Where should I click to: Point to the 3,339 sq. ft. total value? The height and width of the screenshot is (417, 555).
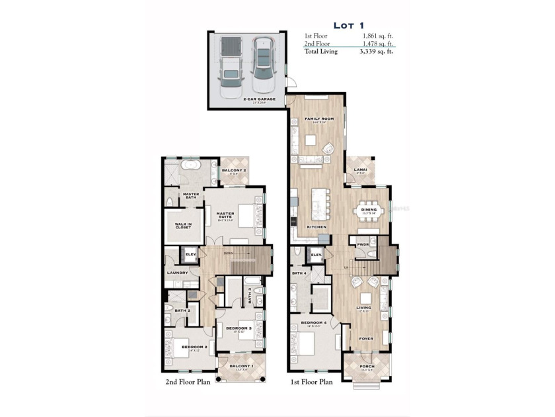click(x=377, y=51)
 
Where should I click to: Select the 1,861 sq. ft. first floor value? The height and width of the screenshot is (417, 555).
click(x=377, y=35)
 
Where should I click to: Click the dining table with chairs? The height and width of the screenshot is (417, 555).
click(x=368, y=211)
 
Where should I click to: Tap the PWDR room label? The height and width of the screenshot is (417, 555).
click(x=363, y=243)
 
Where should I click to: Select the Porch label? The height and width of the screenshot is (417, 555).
click(x=367, y=366)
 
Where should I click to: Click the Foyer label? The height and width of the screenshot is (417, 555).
click(x=366, y=338)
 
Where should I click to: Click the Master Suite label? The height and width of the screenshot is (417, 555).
click(x=226, y=213)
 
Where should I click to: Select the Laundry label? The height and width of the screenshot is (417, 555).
click(x=177, y=273)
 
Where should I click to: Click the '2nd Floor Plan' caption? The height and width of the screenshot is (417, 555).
click(x=187, y=382)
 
